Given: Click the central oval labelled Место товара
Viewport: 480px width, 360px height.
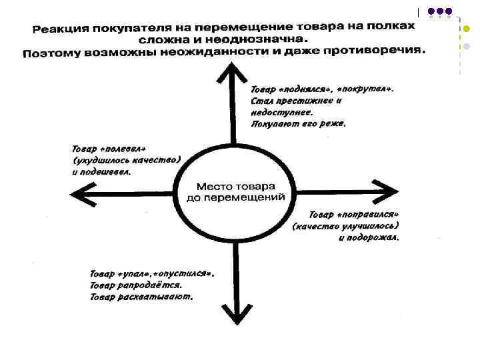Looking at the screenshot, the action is [234, 192].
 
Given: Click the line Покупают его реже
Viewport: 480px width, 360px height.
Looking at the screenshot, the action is [297, 123].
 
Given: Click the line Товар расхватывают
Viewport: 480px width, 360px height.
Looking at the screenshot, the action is [141, 297].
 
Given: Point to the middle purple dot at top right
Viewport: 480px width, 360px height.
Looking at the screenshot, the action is [437, 11].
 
